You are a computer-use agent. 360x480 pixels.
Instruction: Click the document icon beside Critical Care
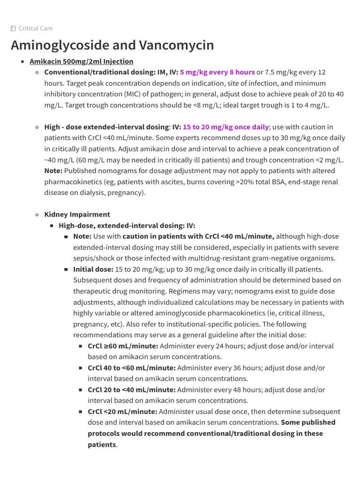coord(13,28)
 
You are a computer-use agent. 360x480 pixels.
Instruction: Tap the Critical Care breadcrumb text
coord(36,28)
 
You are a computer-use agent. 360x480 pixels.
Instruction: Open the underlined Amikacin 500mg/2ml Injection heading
coord(81,61)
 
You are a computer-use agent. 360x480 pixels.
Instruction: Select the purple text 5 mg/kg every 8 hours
coord(217,72)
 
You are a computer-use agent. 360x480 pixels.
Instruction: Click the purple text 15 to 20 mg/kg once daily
coord(226,127)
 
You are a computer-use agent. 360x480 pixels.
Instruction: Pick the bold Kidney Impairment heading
coord(77,215)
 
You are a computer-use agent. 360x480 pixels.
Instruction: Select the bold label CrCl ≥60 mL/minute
coord(123,346)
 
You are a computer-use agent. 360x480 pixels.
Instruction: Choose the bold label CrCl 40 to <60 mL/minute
coord(132,368)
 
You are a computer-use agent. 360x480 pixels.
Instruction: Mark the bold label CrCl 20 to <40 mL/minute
coord(132,390)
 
